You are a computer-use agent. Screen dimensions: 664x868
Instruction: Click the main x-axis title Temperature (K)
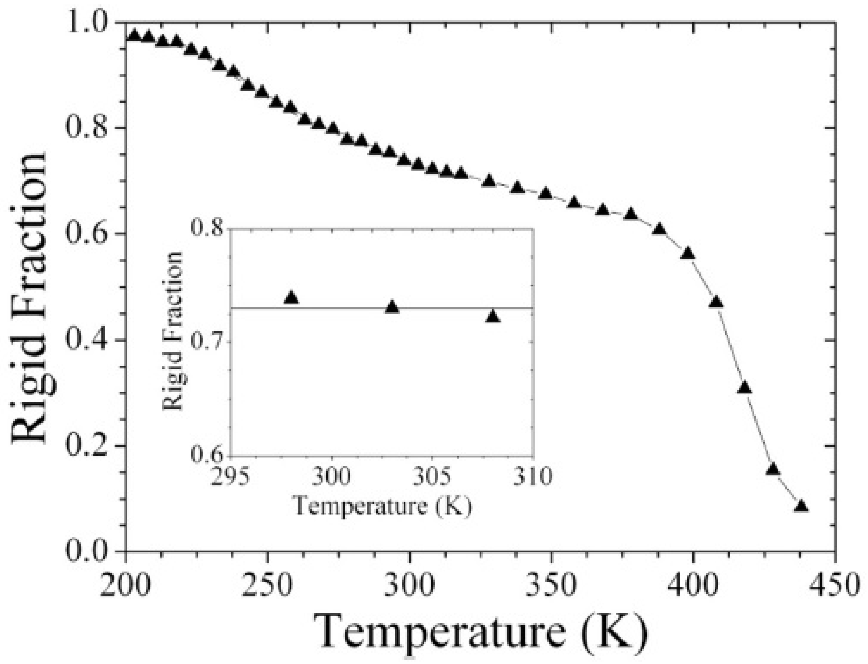coord(480,632)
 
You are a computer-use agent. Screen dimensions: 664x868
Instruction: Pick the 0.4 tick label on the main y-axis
coord(89,340)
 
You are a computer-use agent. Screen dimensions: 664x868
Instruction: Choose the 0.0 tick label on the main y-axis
coord(89,552)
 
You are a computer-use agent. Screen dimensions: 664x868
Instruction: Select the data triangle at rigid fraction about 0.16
coord(773,469)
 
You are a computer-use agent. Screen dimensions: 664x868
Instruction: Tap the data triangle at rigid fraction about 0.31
coord(745,388)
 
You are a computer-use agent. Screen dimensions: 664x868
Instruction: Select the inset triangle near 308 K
coord(493,317)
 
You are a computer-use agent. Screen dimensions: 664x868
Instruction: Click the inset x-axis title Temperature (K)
coord(382,506)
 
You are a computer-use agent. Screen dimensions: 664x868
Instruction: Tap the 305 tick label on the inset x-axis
coord(432,475)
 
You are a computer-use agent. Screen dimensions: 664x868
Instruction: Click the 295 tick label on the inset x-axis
coord(231,475)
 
